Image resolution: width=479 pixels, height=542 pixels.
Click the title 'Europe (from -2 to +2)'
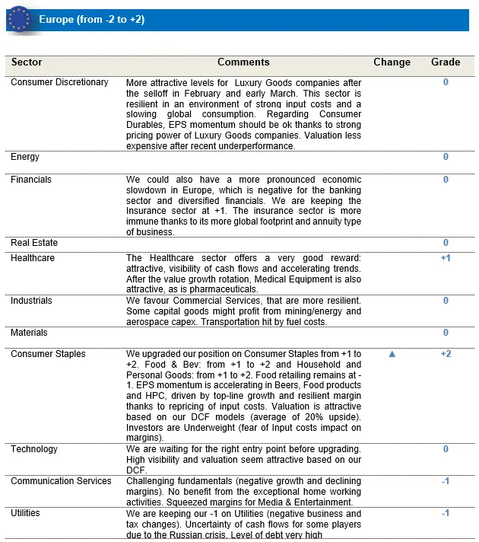(92, 19)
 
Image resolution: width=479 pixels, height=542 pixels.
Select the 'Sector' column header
(27, 62)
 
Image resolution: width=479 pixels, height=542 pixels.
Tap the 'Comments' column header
(243, 62)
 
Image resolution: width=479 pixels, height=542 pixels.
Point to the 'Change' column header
(392, 62)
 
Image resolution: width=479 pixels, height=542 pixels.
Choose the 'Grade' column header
(446, 62)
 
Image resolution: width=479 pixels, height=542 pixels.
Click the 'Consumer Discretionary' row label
(59, 82)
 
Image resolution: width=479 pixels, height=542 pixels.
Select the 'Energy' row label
(25, 157)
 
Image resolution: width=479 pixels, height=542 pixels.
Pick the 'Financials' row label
(31, 180)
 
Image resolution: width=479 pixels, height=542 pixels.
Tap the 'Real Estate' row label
(34, 243)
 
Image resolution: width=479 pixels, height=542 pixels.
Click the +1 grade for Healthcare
(446, 258)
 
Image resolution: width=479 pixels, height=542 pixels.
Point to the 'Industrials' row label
(32, 301)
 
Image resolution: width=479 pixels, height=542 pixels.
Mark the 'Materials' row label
(29, 333)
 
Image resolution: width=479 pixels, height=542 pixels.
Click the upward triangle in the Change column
(392, 354)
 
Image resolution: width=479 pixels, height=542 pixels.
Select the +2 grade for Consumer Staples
(446, 354)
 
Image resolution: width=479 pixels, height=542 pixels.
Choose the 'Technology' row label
(34, 449)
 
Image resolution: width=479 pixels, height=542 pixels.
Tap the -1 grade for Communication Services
(446, 481)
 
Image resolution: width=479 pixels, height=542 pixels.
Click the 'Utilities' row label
(25, 513)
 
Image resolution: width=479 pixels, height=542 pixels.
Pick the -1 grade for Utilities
(446, 513)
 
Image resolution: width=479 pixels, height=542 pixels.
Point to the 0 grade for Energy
(446, 157)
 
